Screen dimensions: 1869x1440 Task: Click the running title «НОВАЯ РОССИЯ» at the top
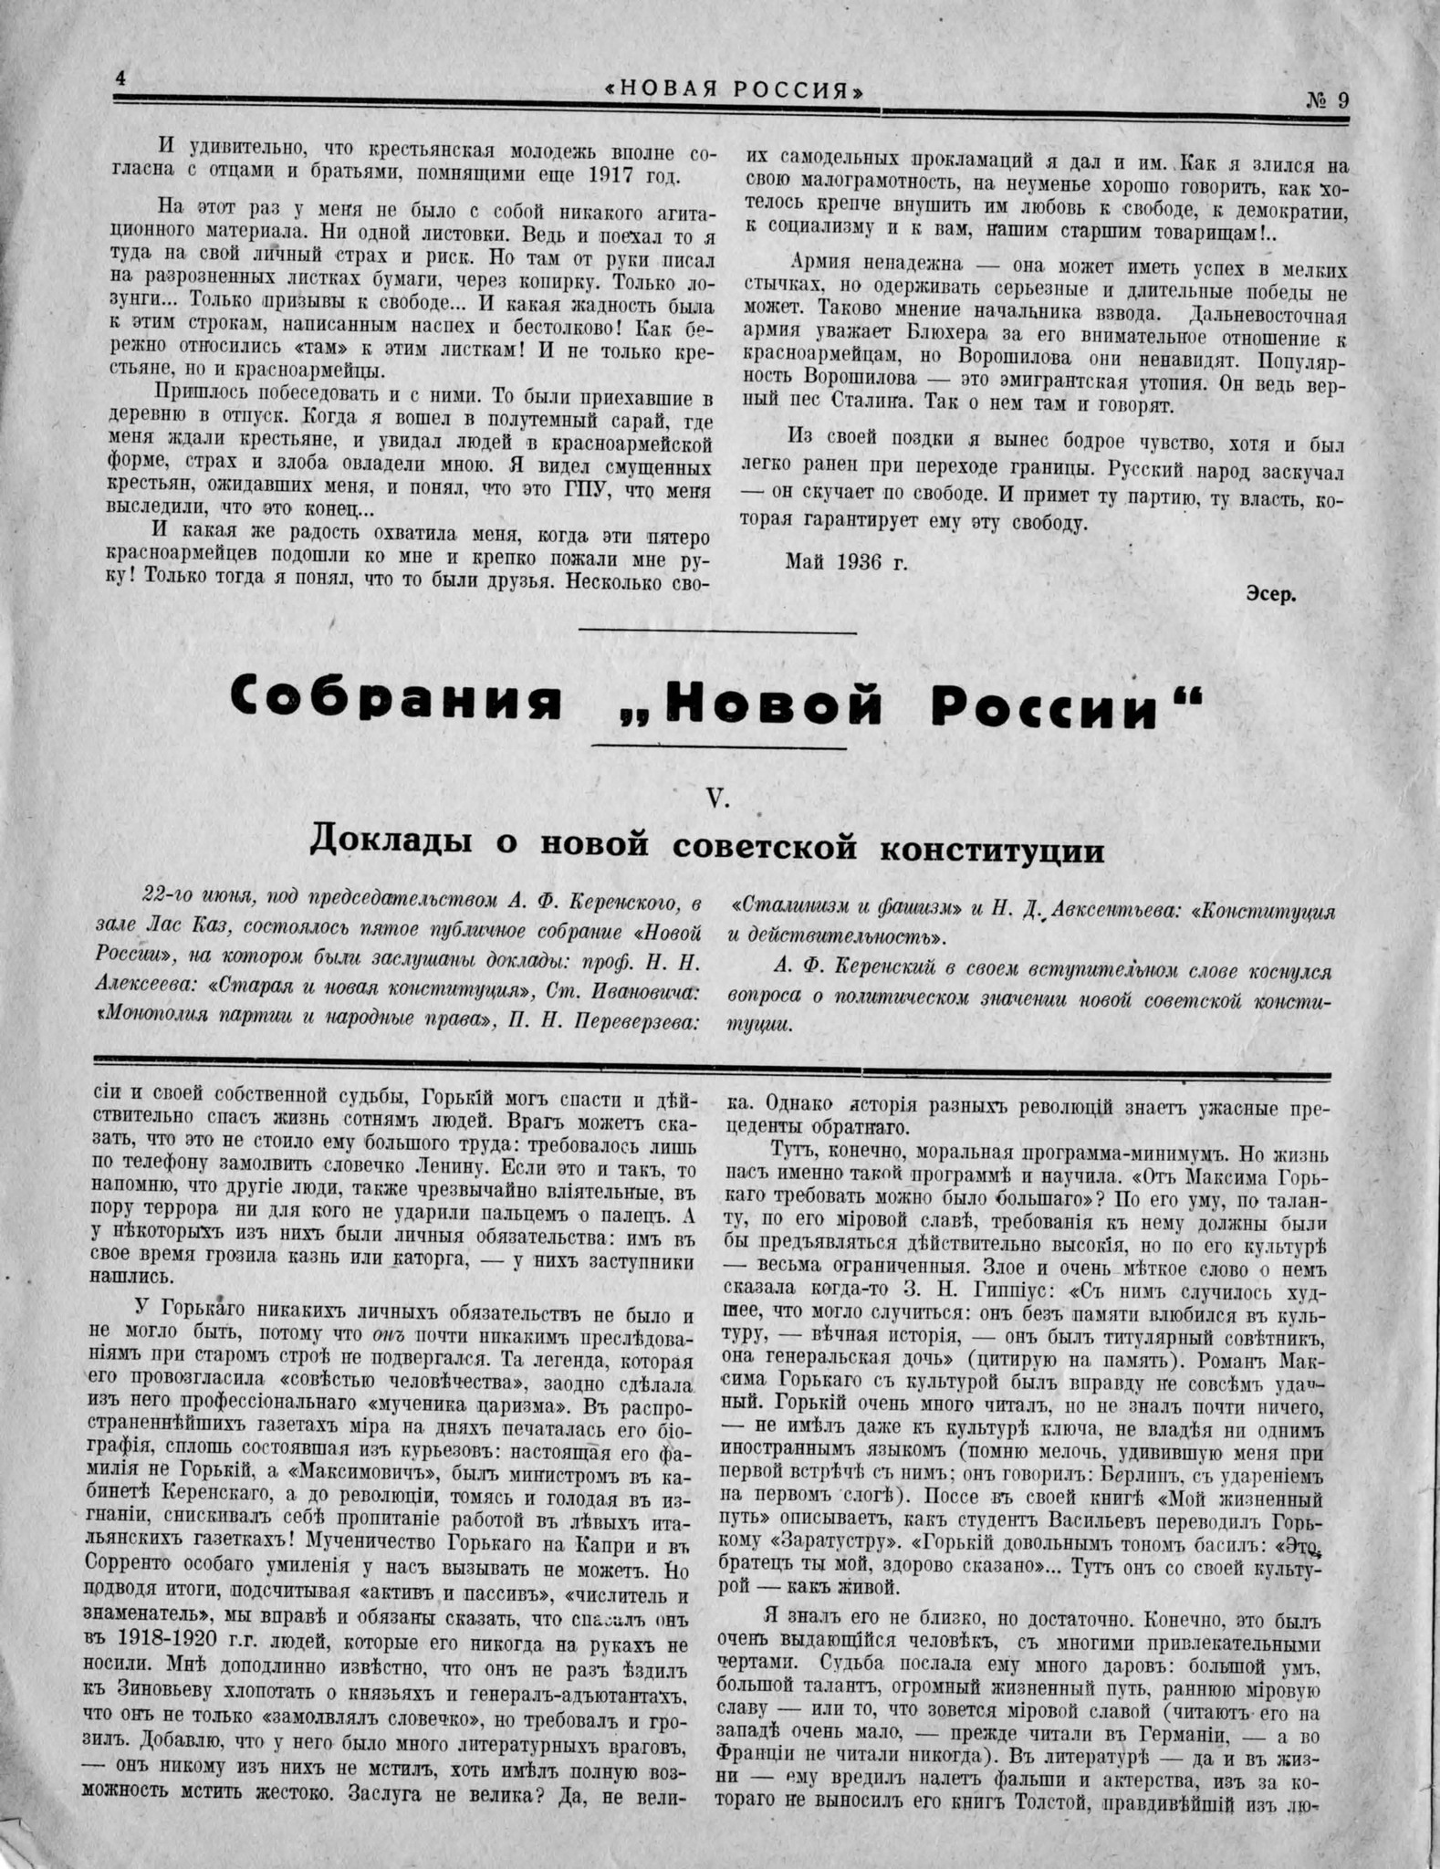tap(734, 90)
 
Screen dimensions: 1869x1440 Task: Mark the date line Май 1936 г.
tap(847, 561)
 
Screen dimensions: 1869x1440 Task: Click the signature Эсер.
tap(1270, 593)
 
